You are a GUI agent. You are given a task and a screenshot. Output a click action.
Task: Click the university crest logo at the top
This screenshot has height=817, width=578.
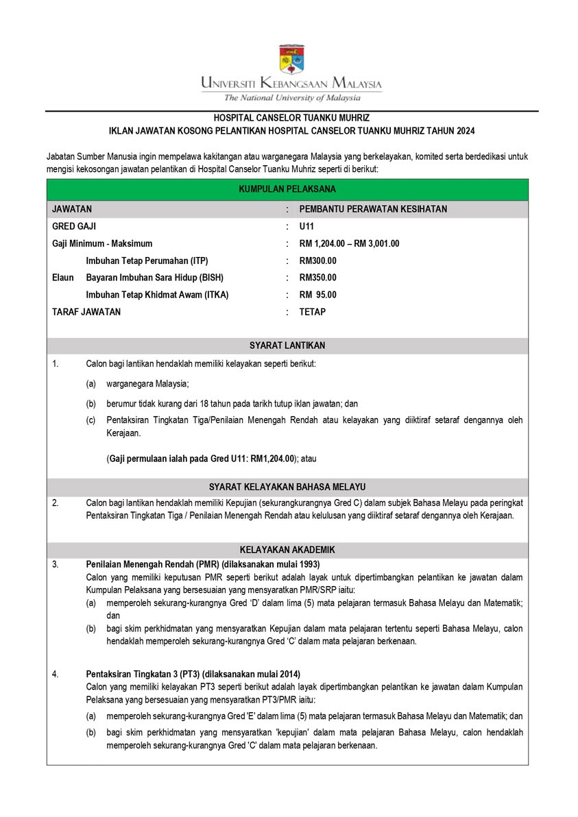click(291, 60)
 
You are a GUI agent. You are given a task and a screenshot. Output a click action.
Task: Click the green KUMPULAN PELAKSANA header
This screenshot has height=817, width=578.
click(287, 190)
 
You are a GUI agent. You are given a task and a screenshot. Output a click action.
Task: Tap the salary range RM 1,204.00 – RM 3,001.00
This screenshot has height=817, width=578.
click(349, 243)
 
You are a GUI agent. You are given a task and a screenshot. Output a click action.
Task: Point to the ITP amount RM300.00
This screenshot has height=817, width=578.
click(317, 260)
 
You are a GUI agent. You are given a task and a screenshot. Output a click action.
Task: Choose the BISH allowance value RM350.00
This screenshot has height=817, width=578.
click(317, 278)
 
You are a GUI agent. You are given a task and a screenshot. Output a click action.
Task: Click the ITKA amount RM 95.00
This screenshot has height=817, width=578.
click(317, 295)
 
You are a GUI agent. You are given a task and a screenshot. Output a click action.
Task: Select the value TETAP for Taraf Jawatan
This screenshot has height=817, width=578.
click(313, 312)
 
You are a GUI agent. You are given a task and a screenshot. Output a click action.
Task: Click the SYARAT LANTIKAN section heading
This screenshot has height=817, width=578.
click(287, 345)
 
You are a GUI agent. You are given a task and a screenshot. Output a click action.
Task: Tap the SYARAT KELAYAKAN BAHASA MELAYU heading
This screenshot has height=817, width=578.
click(287, 487)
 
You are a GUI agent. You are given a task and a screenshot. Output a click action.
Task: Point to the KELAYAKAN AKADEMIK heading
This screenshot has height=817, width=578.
click(287, 550)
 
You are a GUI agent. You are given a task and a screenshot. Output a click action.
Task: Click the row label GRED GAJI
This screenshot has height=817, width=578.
click(75, 226)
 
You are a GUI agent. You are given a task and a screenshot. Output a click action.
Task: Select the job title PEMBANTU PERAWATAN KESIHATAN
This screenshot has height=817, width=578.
click(373, 209)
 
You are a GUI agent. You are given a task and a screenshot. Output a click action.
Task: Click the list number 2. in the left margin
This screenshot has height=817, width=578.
click(56, 502)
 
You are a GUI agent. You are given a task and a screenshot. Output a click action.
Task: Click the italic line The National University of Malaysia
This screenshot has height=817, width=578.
click(291, 97)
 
